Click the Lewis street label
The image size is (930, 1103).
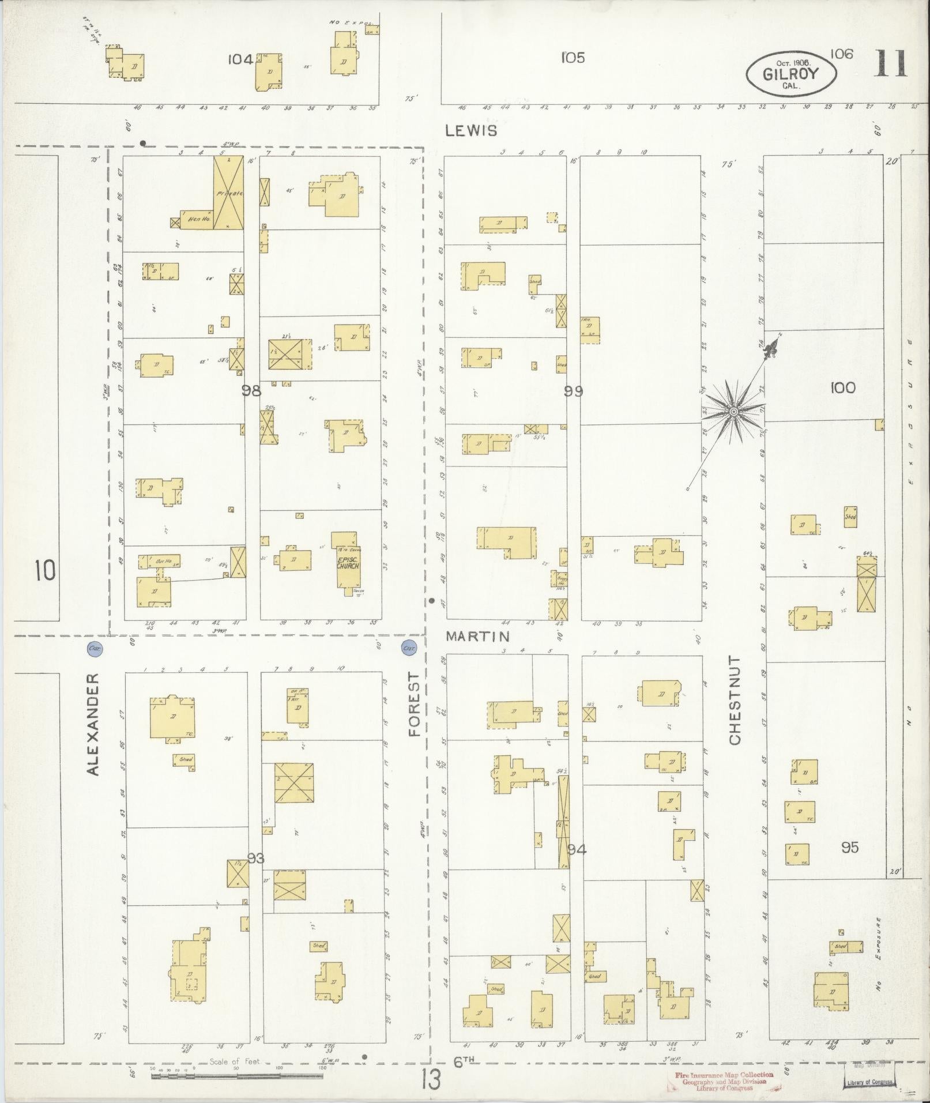[471, 131]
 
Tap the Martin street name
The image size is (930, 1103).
[478, 636]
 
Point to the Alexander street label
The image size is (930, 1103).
[93, 724]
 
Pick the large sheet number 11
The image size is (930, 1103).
[890, 64]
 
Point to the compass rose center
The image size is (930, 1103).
[733, 411]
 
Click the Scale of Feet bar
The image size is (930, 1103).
[236, 1076]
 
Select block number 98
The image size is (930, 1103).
[251, 391]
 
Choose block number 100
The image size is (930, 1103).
[843, 388]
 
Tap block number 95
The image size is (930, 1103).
[850, 848]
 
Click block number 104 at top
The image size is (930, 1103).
[240, 59]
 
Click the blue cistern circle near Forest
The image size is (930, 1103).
[409, 648]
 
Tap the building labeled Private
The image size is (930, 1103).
[228, 194]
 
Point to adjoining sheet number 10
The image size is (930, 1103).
[45, 571]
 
